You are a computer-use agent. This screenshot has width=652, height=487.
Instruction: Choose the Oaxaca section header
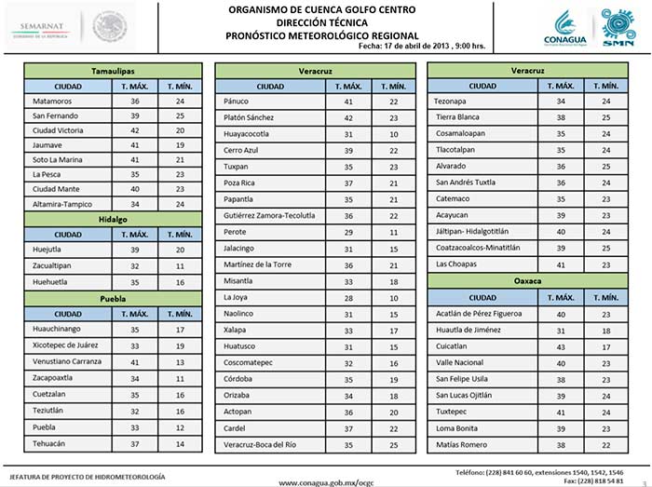(x=528, y=280)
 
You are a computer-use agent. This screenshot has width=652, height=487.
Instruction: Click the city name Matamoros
(x=52, y=101)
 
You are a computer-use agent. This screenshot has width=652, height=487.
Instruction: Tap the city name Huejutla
(x=49, y=250)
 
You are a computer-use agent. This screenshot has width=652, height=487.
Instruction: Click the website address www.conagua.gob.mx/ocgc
(x=325, y=480)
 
